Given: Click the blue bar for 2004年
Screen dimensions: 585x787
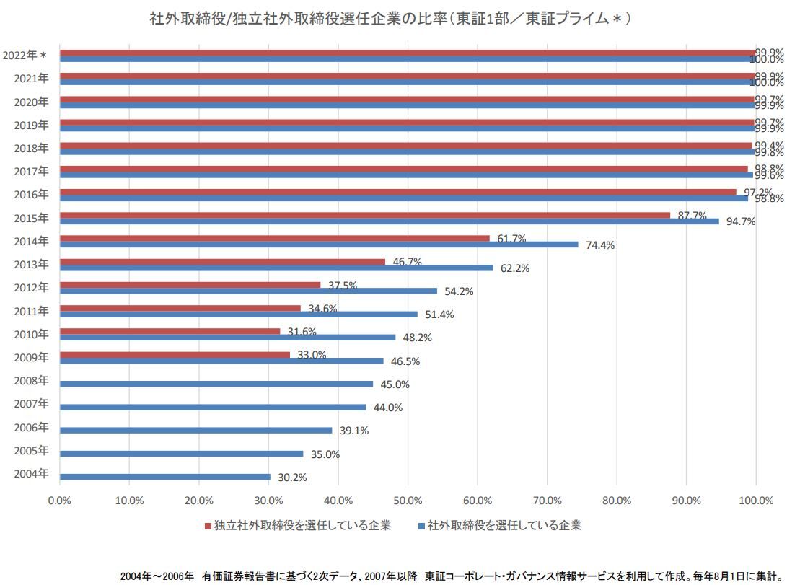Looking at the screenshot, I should [164, 477].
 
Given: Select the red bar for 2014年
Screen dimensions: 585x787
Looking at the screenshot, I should [274, 238].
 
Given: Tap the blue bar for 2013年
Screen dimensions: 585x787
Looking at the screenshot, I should [276, 268].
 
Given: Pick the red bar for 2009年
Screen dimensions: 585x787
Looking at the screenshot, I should [175, 354].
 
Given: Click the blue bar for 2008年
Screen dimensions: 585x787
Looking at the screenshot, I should [216, 384].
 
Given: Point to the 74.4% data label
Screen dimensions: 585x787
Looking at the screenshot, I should [599, 245].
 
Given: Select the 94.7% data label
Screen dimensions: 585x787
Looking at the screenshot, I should [740, 221].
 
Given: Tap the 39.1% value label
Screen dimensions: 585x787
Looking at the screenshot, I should [353, 431].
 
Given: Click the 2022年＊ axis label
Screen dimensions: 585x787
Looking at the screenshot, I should [25, 56].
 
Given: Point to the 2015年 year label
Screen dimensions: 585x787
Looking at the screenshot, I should [31, 218].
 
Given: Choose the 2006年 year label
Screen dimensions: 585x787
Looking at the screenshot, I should [31, 428].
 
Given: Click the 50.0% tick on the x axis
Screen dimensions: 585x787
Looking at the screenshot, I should [408, 501].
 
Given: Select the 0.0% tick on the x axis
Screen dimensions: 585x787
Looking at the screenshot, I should [60, 501].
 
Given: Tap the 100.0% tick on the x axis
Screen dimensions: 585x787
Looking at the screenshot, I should [755, 501].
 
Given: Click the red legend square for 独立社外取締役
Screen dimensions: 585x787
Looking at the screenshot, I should [208, 526].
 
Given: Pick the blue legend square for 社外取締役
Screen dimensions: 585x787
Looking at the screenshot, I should [421, 526].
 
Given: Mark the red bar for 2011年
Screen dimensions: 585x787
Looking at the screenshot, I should [180, 308].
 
